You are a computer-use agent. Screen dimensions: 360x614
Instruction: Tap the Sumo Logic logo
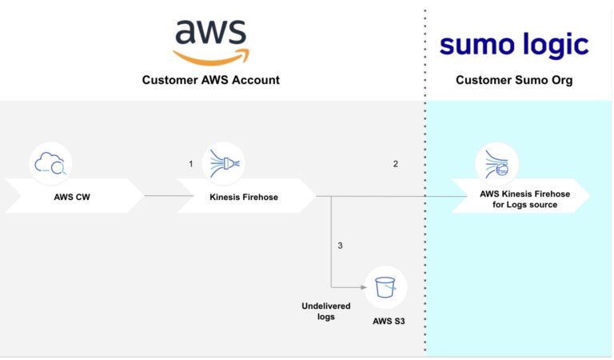(514, 45)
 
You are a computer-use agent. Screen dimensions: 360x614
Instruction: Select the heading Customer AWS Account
(211, 80)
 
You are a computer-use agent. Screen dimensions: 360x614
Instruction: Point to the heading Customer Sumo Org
(514, 80)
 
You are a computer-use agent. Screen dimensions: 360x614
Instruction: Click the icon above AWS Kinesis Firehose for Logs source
(496, 164)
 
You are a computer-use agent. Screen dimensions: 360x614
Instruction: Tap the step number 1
(191, 164)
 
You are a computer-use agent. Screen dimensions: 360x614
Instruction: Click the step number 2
(395, 164)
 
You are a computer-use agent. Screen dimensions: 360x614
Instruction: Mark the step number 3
(340, 245)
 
